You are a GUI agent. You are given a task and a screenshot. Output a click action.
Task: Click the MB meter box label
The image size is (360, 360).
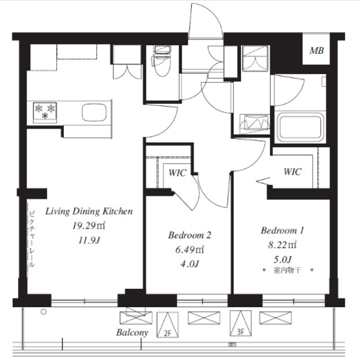click(x=317, y=51)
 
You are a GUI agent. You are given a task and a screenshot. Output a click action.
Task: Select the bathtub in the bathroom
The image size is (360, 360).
click(x=300, y=128)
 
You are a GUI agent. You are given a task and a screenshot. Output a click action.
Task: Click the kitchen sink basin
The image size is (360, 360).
click(x=94, y=112)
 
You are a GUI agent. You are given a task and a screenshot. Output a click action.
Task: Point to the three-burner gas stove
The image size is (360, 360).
click(x=45, y=112)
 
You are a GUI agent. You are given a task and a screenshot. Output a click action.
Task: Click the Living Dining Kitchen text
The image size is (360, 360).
click(x=89, y=212)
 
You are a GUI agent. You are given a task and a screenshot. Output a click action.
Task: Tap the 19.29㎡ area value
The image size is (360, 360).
click(x=89, y=226)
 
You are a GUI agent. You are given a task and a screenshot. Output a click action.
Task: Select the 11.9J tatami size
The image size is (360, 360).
click(x=89, y=241)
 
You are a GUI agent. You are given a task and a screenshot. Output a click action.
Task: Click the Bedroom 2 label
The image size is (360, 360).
click(x=190, y=235)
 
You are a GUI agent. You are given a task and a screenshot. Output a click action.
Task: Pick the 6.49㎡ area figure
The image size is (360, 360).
click(x=190, y=250)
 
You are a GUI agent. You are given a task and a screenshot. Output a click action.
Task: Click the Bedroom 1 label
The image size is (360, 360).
click(x=282, y=230)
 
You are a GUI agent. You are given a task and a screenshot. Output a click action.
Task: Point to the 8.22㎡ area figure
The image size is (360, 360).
click(x=282, y=245)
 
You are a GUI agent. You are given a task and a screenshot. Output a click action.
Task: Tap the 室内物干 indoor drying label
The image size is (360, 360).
click(x=287, y=270)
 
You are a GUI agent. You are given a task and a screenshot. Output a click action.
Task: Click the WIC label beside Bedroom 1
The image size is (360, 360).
click(x=292, y=172)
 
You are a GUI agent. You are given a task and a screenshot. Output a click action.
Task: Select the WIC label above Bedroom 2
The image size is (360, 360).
click(x=177, y=173)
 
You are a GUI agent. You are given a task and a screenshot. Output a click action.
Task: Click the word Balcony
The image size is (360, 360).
click(x=132, y=333)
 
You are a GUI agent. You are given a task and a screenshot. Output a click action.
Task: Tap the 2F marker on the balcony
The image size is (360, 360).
click(x=168, y=333)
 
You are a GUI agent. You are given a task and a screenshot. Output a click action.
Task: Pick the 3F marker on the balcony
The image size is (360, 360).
click(x=240, y=332)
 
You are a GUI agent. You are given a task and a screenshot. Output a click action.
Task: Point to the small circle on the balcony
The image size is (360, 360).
click(x=43, y=312)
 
